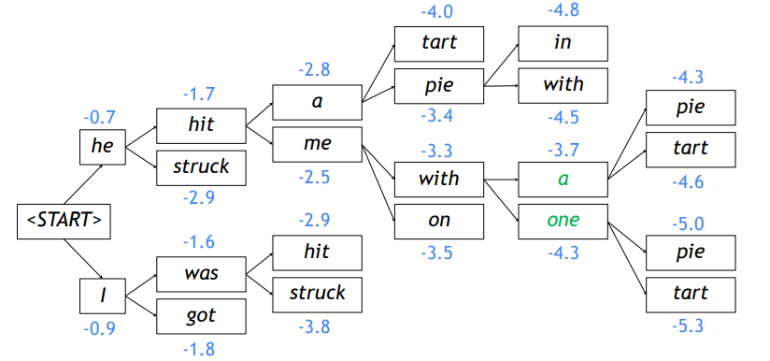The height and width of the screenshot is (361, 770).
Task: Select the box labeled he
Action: [102, 147]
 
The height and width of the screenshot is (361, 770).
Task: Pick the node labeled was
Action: [202, 274]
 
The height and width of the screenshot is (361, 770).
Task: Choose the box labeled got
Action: [202, 316]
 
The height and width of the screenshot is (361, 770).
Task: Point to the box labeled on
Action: [438, 222]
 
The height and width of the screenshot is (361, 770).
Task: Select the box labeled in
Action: [563, 43]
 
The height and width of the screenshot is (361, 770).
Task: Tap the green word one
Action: [563, 221]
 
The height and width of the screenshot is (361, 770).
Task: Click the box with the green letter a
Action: [563, 178]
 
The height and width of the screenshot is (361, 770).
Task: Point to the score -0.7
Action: [98, 118]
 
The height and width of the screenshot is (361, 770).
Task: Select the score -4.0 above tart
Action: [437, 13]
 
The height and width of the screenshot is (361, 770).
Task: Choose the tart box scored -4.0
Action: [438, 43]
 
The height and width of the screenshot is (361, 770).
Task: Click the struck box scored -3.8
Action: [317, 293]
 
